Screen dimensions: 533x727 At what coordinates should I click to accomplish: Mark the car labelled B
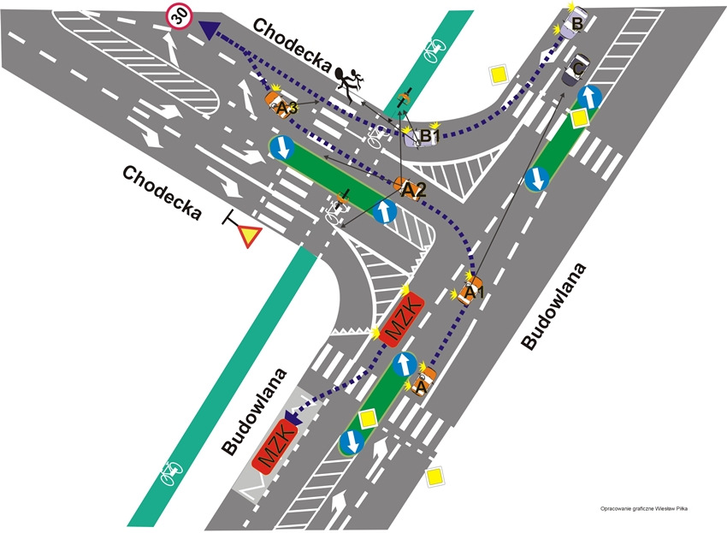tap(573, 21)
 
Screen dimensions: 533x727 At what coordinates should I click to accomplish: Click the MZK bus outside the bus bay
tap(399, 317)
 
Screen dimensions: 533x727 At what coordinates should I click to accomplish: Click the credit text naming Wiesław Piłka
tap(645, 508)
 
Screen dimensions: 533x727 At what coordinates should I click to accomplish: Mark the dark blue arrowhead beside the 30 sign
tap(208, 29)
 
